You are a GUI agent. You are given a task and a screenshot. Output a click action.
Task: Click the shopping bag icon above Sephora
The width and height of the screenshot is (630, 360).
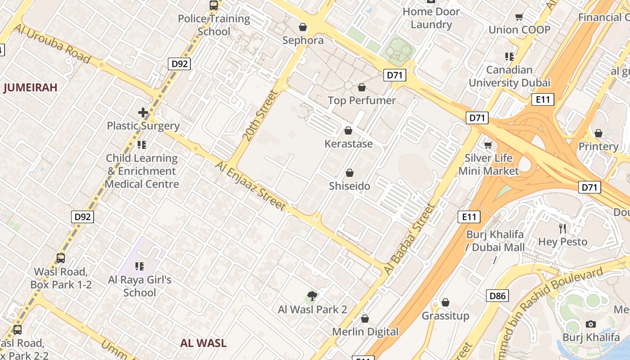[x=303, y=27]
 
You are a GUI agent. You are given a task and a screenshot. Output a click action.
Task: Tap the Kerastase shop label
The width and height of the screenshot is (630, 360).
[x=349, y=144]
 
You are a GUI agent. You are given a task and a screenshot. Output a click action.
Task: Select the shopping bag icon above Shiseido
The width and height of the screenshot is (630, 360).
[x=350, y=173]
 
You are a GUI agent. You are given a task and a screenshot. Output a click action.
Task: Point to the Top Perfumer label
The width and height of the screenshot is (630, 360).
[x=362, y=100]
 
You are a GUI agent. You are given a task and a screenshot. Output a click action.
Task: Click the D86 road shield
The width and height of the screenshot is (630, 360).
[x=497, y=296]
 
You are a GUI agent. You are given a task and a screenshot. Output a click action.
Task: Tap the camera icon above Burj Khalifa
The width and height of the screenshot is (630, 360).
[x=591, y=324]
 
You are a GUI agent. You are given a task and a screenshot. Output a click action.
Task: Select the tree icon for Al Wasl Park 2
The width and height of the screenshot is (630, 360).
[x=312, y=296]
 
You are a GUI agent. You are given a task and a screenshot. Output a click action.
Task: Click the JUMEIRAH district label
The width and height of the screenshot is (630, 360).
[x=31, y=87]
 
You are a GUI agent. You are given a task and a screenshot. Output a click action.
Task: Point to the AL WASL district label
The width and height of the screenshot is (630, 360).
[x=203, y=343]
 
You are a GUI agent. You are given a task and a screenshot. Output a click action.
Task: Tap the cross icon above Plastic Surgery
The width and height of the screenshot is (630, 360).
[x=143, y=112]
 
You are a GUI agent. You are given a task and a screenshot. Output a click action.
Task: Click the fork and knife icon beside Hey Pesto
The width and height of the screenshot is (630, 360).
[x=562, y=229]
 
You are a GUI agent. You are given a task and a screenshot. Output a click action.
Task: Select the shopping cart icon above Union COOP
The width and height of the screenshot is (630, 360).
[x=519, y=17]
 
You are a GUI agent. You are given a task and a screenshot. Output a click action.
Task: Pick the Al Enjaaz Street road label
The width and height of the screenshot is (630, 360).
[x=250, y=186]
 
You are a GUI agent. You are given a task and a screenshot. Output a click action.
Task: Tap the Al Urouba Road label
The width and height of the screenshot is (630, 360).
[x=53, y=44]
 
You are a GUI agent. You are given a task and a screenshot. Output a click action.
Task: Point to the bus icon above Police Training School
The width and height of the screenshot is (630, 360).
[x=214, y=5]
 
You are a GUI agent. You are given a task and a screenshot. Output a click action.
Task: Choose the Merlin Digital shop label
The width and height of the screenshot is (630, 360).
[x=365, y=332]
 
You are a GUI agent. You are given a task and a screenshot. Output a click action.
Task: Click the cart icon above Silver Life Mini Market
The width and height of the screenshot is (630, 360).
[x=488, y=145]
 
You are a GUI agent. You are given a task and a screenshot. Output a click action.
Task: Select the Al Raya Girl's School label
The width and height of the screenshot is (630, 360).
[x=139, y=286]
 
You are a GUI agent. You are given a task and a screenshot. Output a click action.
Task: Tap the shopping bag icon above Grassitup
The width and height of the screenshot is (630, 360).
[x=445, y=302]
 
